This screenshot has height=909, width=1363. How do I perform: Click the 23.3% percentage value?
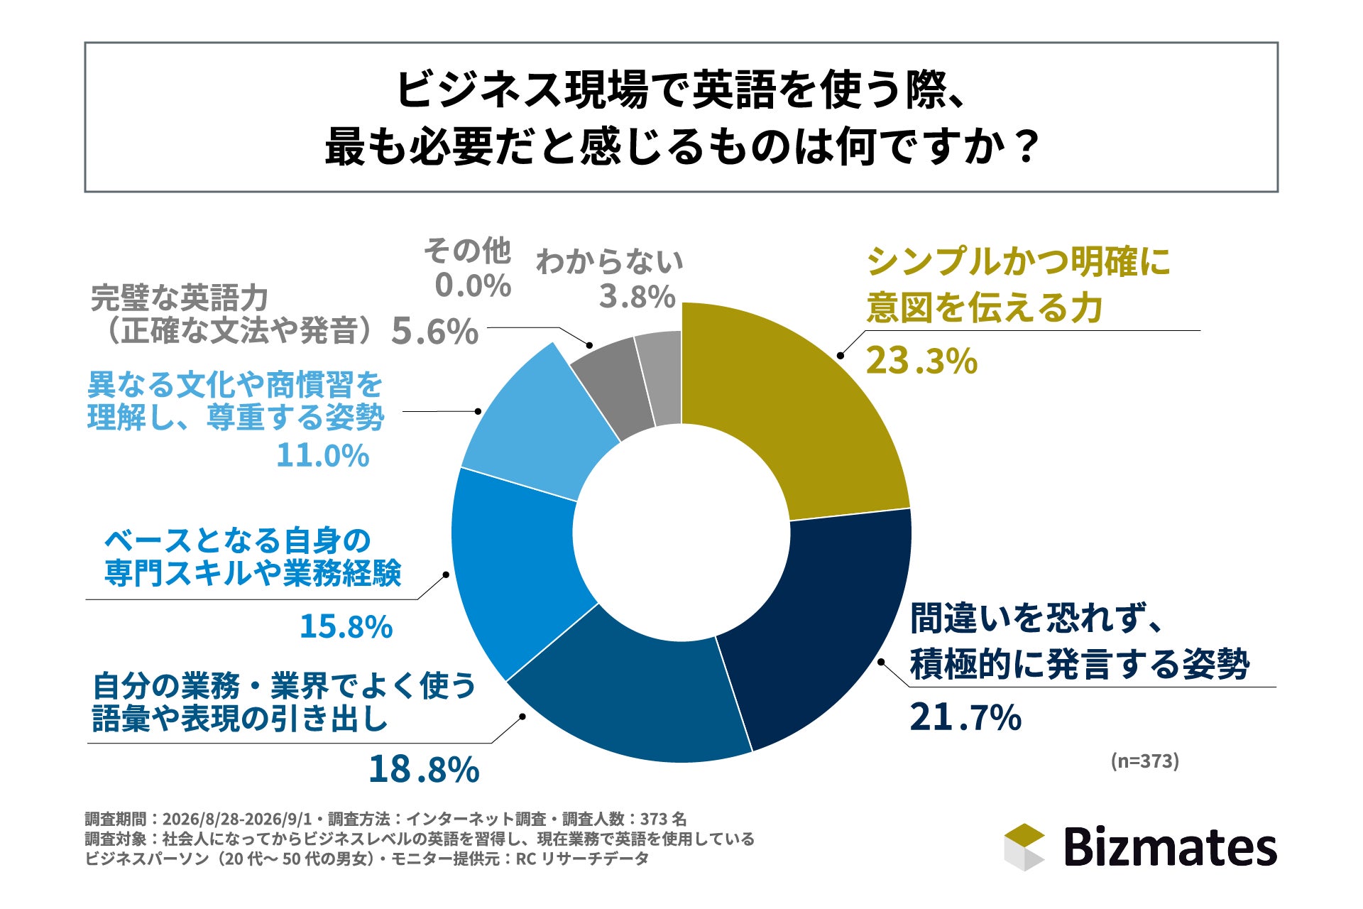click(x=921, y=361)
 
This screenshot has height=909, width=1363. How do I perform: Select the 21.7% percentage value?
click(x=965, y=717)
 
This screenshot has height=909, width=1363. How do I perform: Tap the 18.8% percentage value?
click(x=424, y=769)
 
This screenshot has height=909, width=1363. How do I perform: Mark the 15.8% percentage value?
click(x=346, y=626)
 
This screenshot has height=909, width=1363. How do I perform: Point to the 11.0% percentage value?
click(x=323, y=455)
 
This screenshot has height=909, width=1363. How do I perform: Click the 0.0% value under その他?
click(x=473, y=285)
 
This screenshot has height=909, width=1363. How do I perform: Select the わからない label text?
click(x=609, y=261)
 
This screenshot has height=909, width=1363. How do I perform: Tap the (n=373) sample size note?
click(x=1144, y=761)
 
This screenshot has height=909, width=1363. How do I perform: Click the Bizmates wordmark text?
click(x=1170, y=847)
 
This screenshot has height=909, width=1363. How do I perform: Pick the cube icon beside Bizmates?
click(x=1024, y=847)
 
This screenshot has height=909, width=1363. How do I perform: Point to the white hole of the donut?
click(x=681, y=533)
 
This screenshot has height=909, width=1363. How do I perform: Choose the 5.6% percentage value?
click(x=435, y=332)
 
